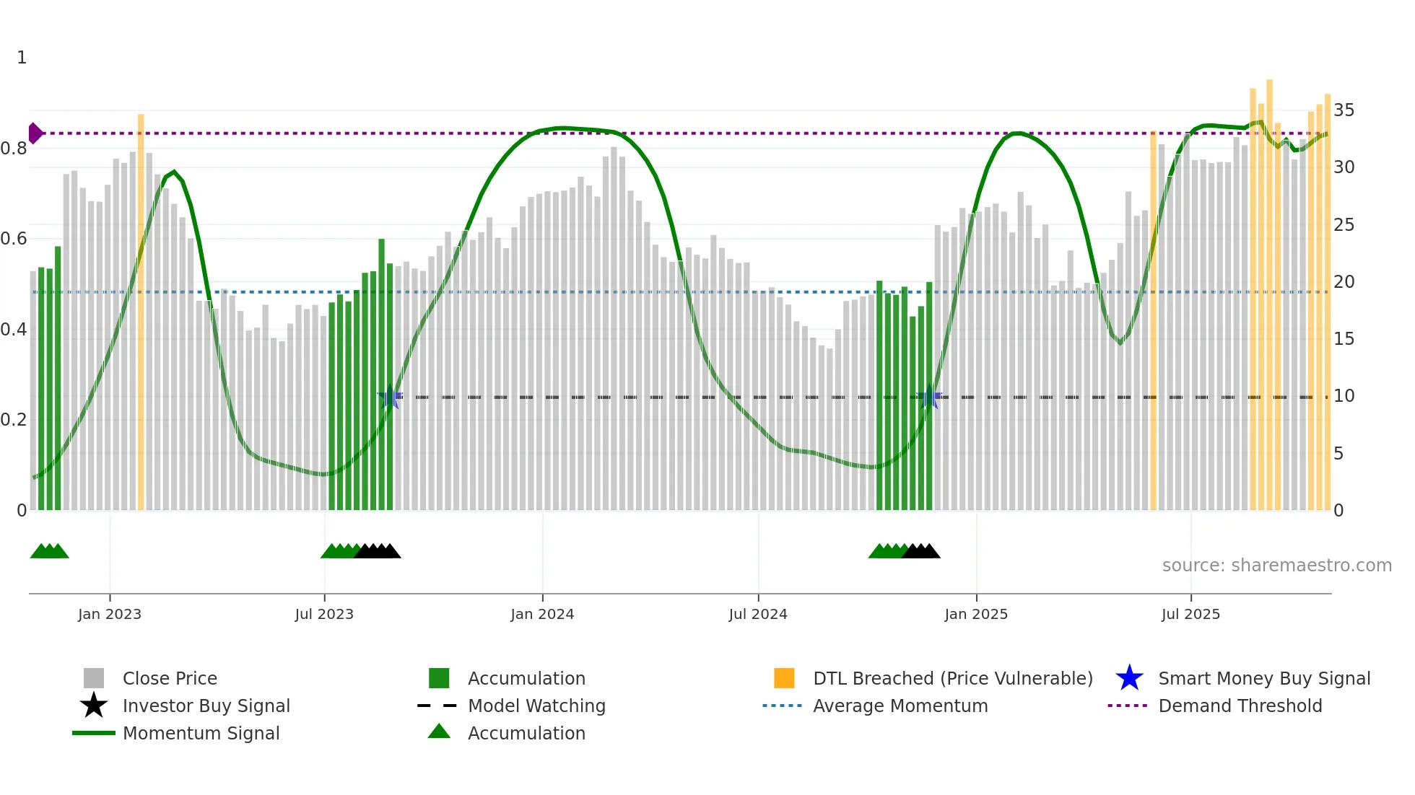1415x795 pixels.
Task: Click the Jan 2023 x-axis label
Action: (x=110, y=614)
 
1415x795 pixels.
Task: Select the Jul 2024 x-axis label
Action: (x=758, y=614)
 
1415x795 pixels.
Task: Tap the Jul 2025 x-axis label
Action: (x=1190, y=614)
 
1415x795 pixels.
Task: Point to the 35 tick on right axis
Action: (x=1344, y=110)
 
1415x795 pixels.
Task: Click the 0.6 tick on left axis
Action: (x=14, y=239)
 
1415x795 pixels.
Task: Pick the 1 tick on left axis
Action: (x=22, y=58)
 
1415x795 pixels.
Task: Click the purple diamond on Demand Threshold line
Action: (x=35, y=133)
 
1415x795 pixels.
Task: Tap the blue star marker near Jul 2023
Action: (x=390, y=397)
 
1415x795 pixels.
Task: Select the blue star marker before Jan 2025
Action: (x=929, y=397)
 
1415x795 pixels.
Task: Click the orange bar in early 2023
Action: (x=141, y=310)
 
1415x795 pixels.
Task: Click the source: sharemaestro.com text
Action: (x=1276, y=566)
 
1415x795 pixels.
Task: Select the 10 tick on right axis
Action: (x=1344, y=396)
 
